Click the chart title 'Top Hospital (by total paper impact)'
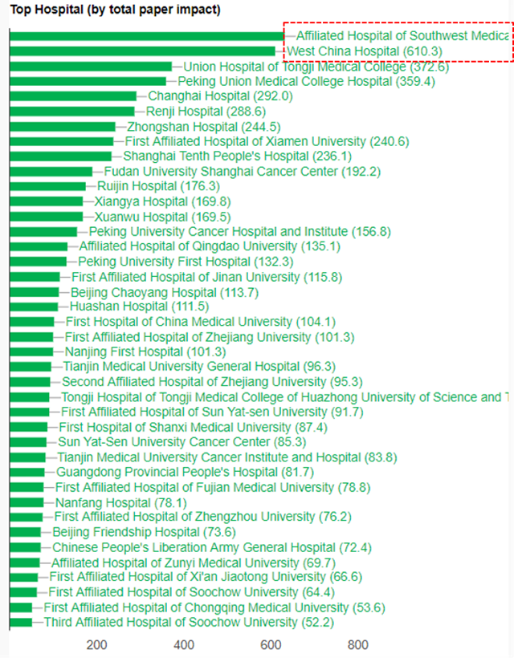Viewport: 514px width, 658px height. click(x=116, y=10)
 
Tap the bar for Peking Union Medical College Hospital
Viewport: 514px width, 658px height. click(x=88, y=81)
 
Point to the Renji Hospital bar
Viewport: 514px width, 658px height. click(x=72, y=112)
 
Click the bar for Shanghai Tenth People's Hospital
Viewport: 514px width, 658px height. click(x=61, y=156)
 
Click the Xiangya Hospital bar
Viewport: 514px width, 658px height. click(x=47, y=201)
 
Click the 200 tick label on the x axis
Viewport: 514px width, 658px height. click(x=97, y=645)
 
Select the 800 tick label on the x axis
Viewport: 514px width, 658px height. click(x=358, y=645)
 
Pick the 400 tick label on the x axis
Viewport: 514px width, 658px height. click(x=184, y=645)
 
